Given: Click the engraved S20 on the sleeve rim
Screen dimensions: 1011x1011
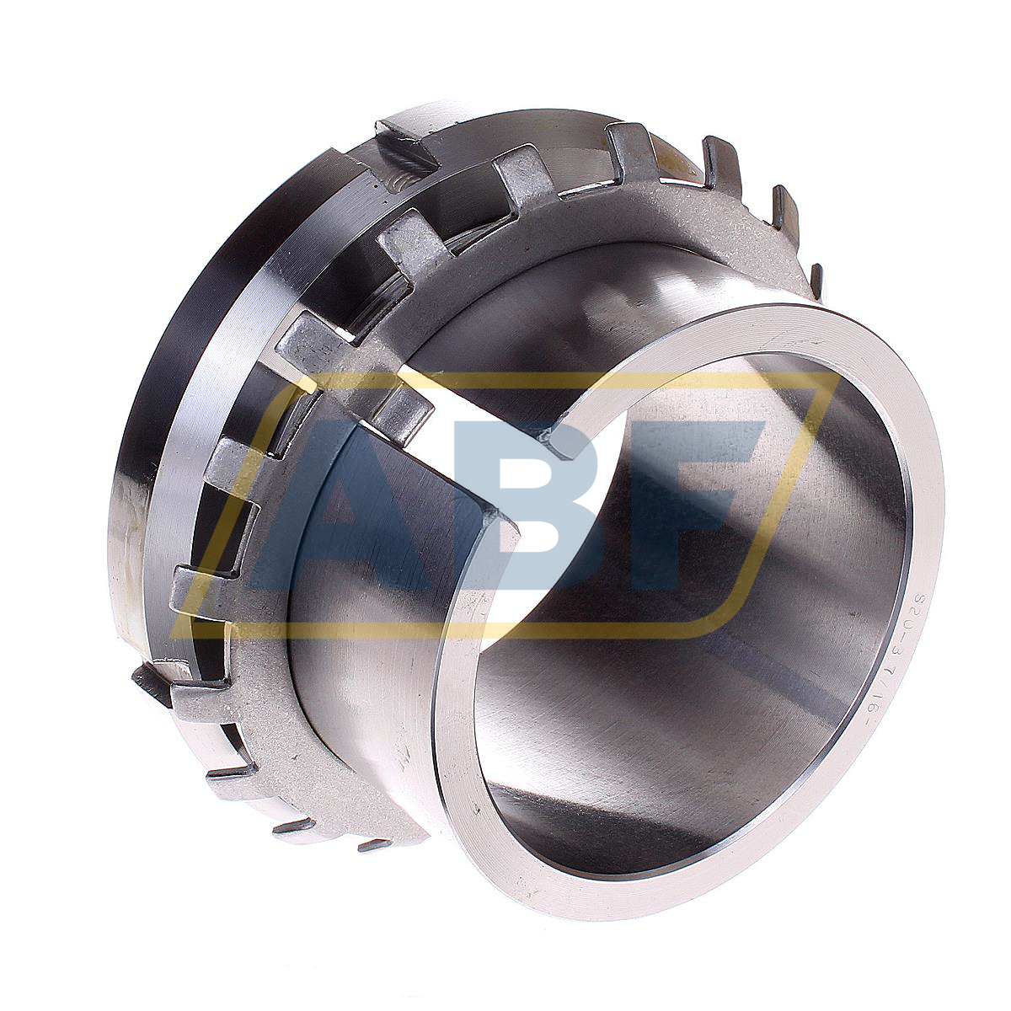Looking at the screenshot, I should (x=916, y=607).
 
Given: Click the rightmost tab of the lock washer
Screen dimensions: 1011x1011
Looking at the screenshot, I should (x=816, y=282).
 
